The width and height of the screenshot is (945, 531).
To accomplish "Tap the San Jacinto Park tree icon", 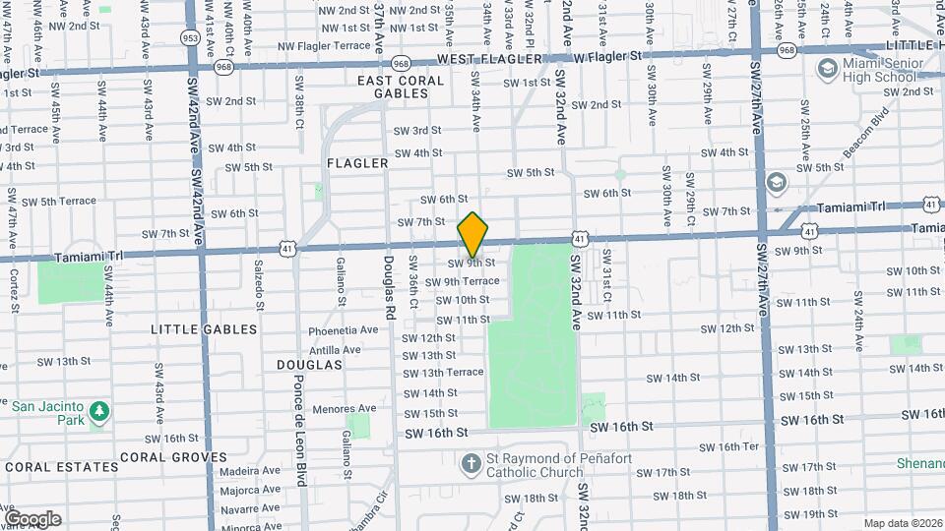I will point(98,409).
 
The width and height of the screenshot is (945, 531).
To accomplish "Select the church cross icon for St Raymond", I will point(472,462).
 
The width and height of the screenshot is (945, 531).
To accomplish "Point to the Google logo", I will point(32,518).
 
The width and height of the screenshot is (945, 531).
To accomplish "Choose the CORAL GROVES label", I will point(173,457).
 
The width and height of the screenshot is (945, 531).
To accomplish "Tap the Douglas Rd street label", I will point(389,288).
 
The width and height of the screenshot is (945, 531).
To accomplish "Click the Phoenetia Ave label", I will point(343,330).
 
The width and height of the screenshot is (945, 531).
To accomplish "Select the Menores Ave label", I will point(344,409).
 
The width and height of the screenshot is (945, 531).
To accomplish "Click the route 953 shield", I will point(189,37).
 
